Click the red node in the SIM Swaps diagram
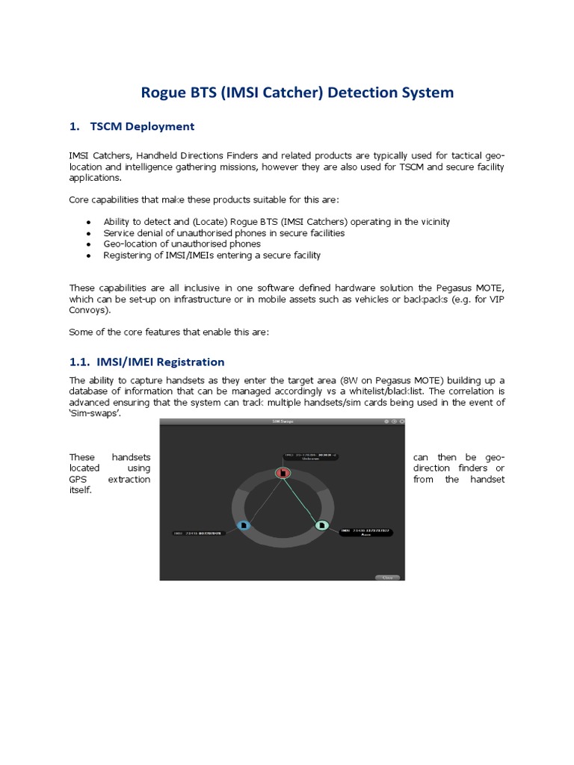point(283,472)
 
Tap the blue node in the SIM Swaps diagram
point(244,525)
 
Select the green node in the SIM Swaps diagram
point(321,525)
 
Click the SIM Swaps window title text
point(282,421)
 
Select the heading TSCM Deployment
point(142,126)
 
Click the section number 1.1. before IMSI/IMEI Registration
point(79,362)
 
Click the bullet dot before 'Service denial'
point(88,234)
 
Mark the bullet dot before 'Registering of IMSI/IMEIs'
point(88,255)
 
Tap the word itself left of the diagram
point(80,491)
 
